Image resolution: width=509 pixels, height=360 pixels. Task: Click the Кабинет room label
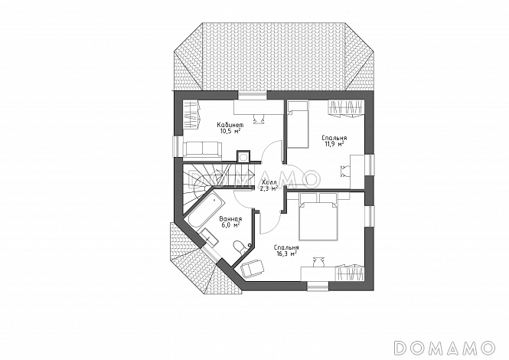(230, 125)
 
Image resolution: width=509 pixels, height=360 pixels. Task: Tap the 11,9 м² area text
(334, 143)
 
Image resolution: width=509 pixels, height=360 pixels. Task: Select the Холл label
(269, 183)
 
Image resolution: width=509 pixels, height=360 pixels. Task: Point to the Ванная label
(230, 218)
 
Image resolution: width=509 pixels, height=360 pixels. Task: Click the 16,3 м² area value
(286, 254)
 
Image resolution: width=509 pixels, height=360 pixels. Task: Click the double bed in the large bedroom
(318, 217)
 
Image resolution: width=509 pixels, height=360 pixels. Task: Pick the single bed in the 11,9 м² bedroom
(298, 124)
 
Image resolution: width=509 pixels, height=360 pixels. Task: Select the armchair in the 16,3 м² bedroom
(253, 269)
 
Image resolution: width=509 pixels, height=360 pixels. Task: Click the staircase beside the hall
(207, 188)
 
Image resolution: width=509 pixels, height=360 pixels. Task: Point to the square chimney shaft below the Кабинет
(243, 156)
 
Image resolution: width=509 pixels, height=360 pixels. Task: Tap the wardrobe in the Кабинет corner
(191, 114)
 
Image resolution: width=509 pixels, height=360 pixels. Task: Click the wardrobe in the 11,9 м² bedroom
(345, 108)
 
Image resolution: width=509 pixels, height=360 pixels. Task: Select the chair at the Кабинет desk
(259, 119)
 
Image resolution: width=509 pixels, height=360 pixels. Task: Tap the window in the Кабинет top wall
(253, 95)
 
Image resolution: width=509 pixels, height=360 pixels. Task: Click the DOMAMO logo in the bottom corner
(445, 347)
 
